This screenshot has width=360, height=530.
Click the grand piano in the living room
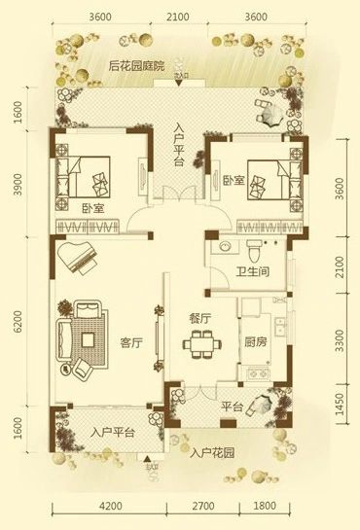click(x=78, y=259)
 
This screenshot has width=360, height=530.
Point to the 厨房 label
click(x=255, y=341)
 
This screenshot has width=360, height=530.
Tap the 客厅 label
click(x=131, y=342)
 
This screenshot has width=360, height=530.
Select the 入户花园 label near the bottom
click(x=212, y=452)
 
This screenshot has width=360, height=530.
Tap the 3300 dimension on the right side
click(x=340, y=341)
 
